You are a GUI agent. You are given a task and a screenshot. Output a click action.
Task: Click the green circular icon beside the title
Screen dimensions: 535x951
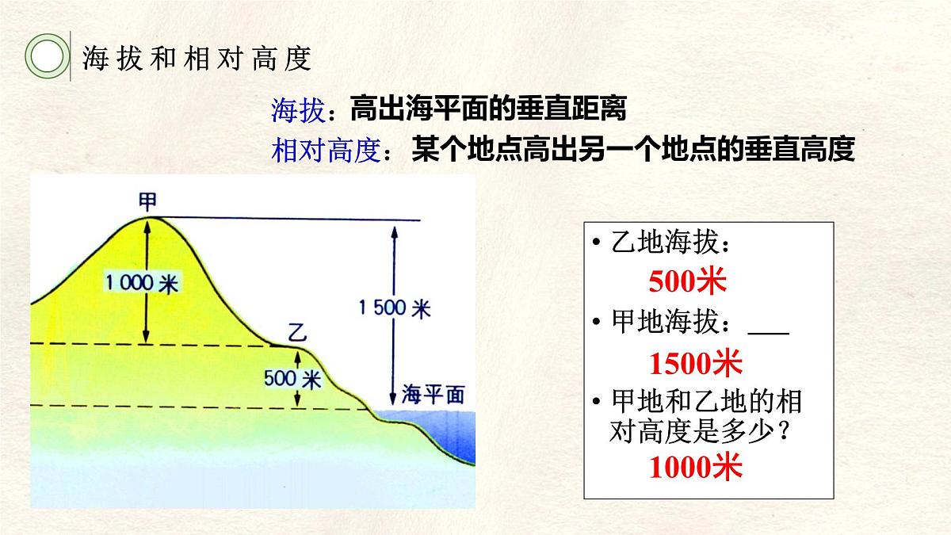click(45, 57)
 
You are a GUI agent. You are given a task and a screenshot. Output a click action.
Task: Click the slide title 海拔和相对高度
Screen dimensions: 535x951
click(197, 59)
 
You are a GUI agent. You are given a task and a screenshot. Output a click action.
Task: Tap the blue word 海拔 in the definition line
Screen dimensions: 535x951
click(297, 111)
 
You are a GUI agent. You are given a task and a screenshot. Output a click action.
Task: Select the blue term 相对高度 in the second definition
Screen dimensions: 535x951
click(327, 150)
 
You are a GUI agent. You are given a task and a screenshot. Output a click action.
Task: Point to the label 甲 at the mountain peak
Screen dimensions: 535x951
click(147, 199)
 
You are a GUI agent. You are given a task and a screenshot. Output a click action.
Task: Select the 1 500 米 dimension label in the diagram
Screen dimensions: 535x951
click(395, 308)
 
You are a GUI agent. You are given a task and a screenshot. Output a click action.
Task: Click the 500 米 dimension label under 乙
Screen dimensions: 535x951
click(293, 379)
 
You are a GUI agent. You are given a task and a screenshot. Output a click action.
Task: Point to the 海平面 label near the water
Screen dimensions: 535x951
click(432, 395)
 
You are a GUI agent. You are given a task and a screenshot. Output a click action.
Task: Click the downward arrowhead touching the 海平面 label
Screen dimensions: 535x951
click(391, 400)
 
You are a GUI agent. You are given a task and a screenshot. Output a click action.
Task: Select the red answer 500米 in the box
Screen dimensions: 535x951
click(687, 281)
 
